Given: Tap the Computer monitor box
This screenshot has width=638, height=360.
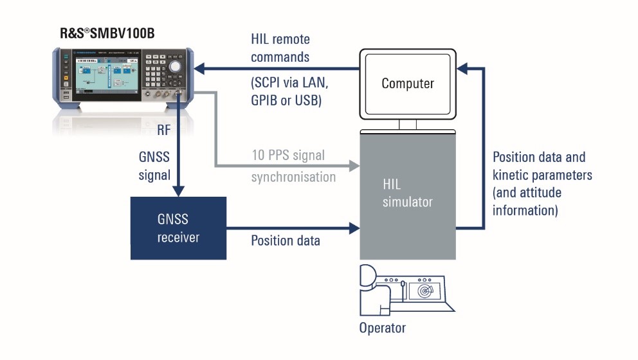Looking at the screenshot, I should point(407,83).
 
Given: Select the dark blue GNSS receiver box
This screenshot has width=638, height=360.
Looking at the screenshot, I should point(178,228).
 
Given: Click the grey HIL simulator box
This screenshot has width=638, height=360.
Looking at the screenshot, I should point(408,193).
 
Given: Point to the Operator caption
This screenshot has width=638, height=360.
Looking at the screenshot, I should point(383,328).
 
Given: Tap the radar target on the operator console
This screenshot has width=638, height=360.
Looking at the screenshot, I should point(426,291).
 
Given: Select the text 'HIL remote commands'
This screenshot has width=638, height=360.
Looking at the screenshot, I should point(280,48).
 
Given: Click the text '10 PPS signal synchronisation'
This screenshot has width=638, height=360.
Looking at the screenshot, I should point(293,166).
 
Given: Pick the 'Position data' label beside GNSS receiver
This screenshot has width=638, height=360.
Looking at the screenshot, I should point(285,240).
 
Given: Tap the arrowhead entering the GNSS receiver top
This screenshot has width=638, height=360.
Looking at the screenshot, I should point(178,190).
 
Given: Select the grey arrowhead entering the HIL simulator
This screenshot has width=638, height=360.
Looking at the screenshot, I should point(353,166).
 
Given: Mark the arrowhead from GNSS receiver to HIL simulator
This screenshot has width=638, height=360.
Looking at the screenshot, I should point(353,228).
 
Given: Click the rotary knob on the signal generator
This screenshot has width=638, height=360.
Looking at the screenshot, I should point(174,66).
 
